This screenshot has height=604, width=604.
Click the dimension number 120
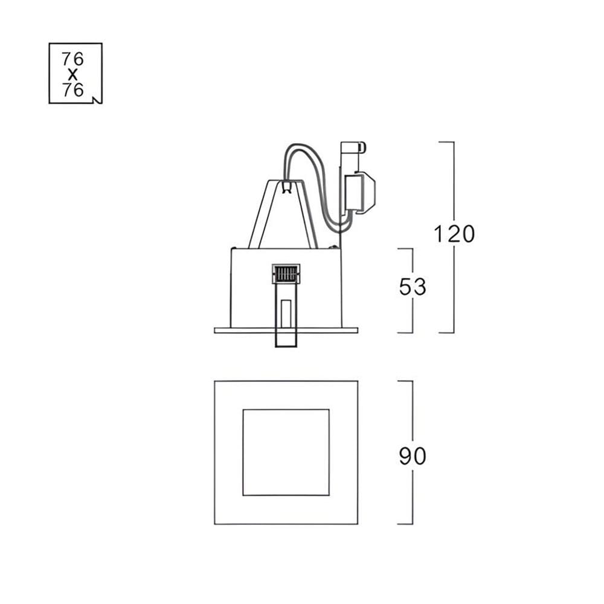(454, 234)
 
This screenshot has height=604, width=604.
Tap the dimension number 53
(413, 287)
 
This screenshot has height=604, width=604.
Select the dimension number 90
(413, 456)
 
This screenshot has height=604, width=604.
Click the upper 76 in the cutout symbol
(72, 59)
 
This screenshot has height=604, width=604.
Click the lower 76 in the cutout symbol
(73, 90)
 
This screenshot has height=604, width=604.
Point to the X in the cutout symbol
(72, 75)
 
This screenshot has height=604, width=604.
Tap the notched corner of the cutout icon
(98, 100)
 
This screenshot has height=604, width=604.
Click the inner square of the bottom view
(286, 452)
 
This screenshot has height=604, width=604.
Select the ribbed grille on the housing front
(286, 274)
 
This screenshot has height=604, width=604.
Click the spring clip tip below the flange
(286, 339)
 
